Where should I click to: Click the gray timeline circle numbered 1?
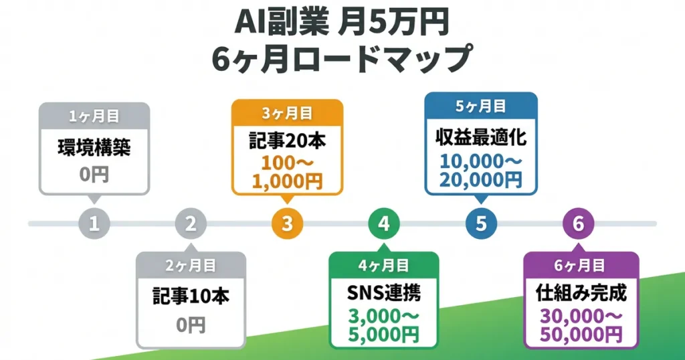pos(94,223)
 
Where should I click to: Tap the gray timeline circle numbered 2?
pos(191,223)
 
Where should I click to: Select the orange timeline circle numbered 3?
pos(287,223)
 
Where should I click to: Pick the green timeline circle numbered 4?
pos(384,223)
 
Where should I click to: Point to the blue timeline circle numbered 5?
pos(481,223)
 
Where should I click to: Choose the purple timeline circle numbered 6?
pos(578,223)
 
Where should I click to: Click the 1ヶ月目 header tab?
pos(94,116)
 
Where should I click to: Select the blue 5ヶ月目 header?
pos(481,106)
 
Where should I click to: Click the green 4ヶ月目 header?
pos(384,265)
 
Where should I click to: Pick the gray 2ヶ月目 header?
pos(191,265)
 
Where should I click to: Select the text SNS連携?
pos(384,292)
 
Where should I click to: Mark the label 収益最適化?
pos(481,139)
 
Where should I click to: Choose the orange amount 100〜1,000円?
pos(287,172)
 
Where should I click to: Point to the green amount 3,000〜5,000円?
pos(384,325)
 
